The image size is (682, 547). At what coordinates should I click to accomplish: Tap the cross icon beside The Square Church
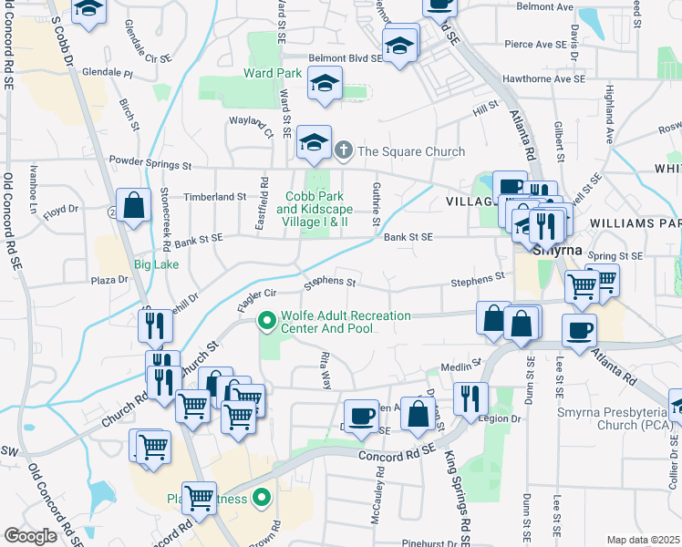click(344, 150)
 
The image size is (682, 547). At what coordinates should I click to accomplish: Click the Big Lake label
click(156, 265)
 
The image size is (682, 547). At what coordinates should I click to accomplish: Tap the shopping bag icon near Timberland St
click(134, 206)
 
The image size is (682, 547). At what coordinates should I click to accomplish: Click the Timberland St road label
click(216, 196)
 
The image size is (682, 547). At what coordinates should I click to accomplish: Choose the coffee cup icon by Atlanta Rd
click(579, 331)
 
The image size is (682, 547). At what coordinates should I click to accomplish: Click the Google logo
click(30, 535)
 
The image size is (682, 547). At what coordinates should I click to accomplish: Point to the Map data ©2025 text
click(642, 540)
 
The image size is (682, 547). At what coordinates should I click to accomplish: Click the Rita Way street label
click(325, 371)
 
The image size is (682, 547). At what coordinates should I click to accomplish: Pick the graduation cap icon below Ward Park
click(325, 85)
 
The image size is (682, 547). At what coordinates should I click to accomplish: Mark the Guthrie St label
click(376, 204)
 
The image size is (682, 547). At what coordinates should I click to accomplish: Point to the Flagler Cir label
click(256, 299)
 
